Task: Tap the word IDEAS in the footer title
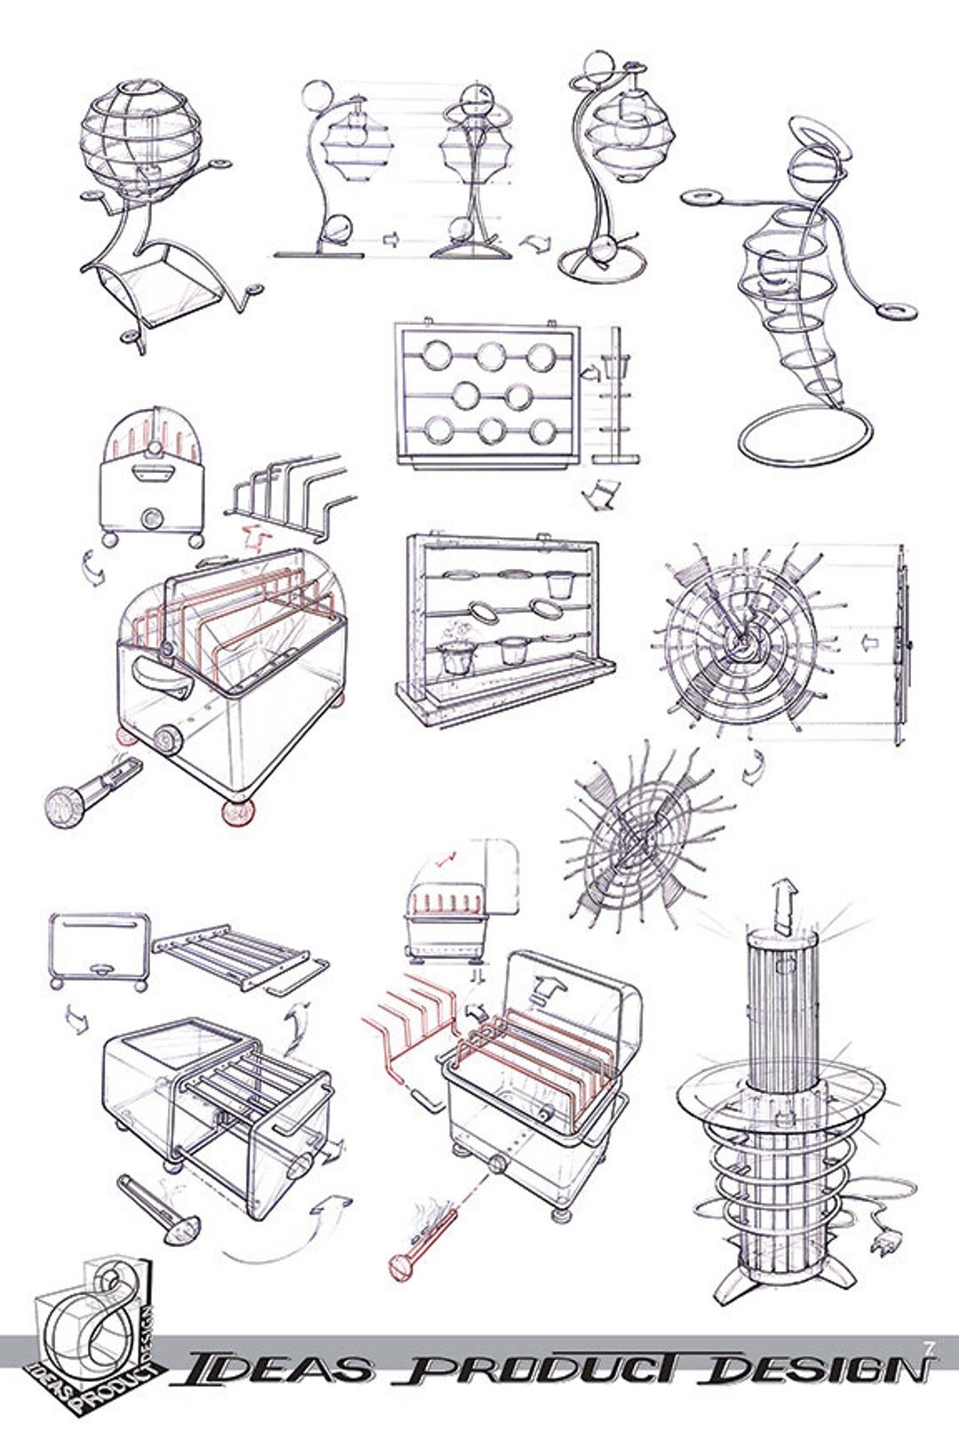(x=270, y=1373)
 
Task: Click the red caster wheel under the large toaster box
(x=237, y=812)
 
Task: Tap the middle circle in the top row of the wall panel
(x=490, y=357)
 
